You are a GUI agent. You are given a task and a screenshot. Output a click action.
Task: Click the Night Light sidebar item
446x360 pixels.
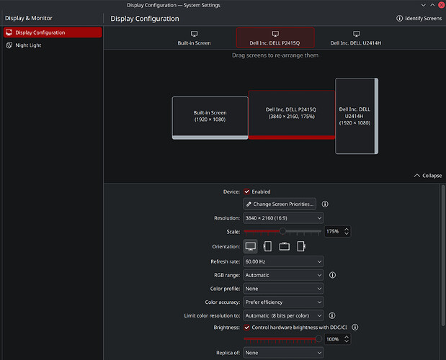point(24,45)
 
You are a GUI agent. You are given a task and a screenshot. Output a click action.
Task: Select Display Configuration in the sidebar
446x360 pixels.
point(53,32)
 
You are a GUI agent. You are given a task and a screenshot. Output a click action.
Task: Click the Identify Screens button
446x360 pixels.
point(419,19)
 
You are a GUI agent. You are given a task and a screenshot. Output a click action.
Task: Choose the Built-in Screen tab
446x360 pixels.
point(195,38)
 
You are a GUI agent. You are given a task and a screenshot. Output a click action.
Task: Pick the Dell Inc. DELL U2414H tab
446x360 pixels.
point(355,38)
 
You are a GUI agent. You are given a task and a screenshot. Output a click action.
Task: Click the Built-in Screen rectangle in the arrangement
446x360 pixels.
point(210,117)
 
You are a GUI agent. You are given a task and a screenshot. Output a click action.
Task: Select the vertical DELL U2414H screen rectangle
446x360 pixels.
point(357,116)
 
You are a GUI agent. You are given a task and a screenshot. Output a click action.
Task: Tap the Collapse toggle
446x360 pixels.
point(428,176)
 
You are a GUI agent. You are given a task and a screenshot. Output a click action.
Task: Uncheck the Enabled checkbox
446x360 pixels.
point(246,192)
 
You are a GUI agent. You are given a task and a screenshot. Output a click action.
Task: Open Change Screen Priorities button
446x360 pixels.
point(280,204)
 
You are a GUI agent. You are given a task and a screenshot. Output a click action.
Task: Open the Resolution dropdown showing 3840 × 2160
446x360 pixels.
point(283,218)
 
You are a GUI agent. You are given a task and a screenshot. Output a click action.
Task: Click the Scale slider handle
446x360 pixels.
point(282,231)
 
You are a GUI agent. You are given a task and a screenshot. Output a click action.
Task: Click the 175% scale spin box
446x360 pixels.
point(337,231)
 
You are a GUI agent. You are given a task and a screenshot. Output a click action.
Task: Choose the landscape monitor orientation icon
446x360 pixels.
point(251,246)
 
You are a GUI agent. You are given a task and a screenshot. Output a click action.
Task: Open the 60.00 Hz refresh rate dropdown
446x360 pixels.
point(283,261)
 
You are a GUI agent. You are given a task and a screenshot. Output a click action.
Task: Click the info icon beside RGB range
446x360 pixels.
point(332,275)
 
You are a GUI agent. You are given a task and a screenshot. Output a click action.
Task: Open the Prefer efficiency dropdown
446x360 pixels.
point(283,302)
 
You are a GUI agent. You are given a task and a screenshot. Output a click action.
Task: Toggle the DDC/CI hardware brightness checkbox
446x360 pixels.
point(246,328)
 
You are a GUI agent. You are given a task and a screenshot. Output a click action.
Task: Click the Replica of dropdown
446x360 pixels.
point(283,353)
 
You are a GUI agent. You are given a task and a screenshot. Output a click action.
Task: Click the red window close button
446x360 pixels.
point(442,5)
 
